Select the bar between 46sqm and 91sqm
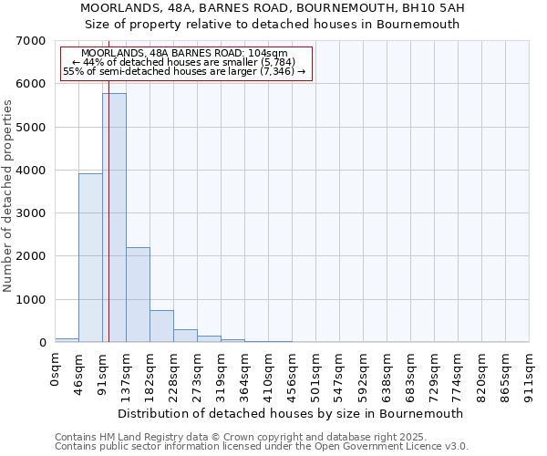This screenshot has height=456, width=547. click(x=90, y=257)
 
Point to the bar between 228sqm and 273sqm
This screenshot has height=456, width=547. click(x=185, y=336)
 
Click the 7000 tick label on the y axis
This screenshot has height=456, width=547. click(x=31, y=41)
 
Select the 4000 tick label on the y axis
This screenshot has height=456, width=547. click(x=31, y=171)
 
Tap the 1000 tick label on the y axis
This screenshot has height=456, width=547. click(x=31, y=300)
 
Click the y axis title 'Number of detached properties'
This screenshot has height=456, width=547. click(x=9, y=196)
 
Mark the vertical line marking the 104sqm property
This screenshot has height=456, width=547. click(x=108, y=228)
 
